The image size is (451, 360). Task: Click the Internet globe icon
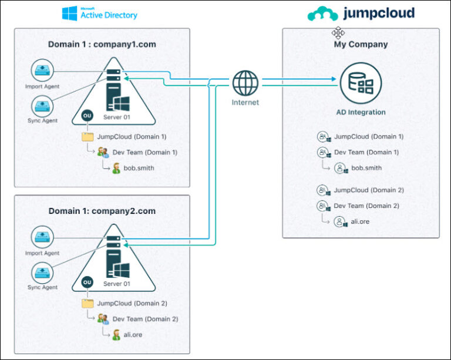coord(245,83)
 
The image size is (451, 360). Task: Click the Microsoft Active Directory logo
coord(99,12)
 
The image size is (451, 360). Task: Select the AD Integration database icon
coord(361,83)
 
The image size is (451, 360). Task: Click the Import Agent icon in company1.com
coord(42,71)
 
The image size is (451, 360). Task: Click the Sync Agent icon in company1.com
coord(42,106)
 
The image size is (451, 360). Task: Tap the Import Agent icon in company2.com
coord(42,238)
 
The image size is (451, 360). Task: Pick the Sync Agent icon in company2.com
coord(42,272)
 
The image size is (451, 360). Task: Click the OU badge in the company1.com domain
coord(87,116)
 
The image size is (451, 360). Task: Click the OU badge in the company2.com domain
coord(87,282)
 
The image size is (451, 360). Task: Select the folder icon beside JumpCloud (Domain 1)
coord(87,136)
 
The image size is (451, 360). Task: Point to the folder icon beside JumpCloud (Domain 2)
coord(87,304)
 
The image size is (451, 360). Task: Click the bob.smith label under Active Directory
coord(139,168)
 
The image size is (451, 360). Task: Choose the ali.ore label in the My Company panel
coord(360,222)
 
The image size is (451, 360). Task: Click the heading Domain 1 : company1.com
coord(102,44)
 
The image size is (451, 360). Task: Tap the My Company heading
coord(360,45)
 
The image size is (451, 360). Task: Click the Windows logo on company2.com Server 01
coord(122,270)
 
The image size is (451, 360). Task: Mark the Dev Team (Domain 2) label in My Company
coord(366,206)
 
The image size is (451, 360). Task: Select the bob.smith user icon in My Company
coord(340,169)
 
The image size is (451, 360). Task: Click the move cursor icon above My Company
coord(338,32)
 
